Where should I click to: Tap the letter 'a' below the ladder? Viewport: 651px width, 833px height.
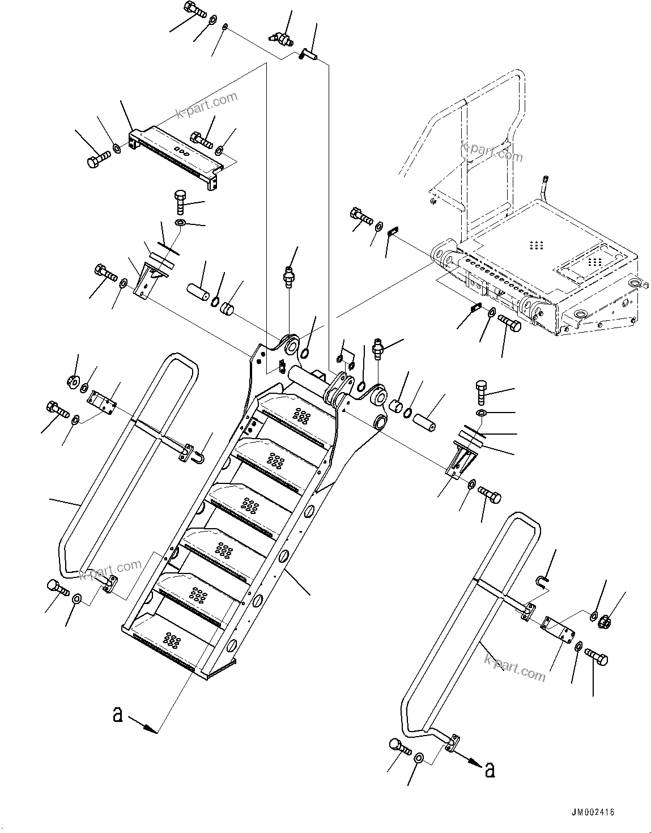pos(118,715)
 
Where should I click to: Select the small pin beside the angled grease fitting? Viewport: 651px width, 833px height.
pos(308,54)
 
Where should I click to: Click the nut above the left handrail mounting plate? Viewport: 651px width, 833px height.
pos(73,384)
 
